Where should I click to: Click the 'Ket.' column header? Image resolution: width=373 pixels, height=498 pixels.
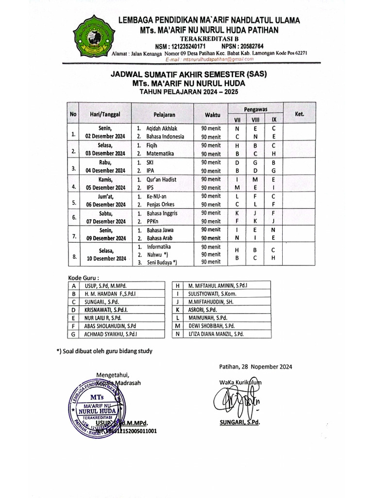(299, 114)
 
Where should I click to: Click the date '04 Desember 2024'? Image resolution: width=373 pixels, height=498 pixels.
(105, 171)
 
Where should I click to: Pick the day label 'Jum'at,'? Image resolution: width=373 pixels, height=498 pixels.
(105, 196)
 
